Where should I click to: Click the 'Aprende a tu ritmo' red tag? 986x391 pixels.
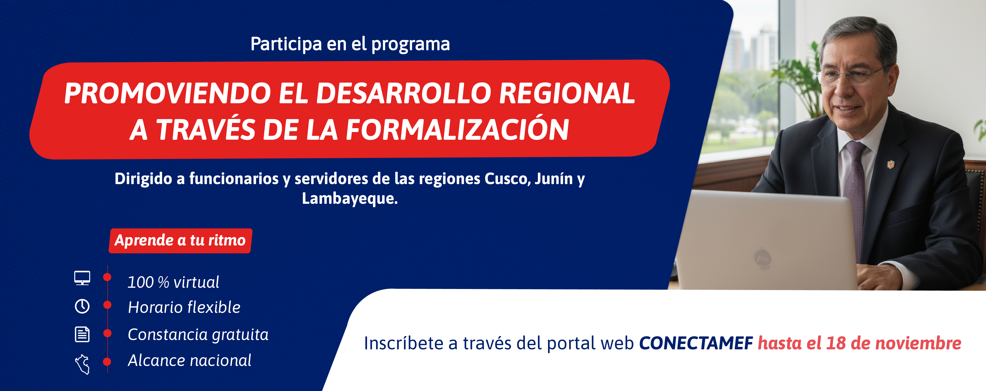(x=180, y=240)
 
